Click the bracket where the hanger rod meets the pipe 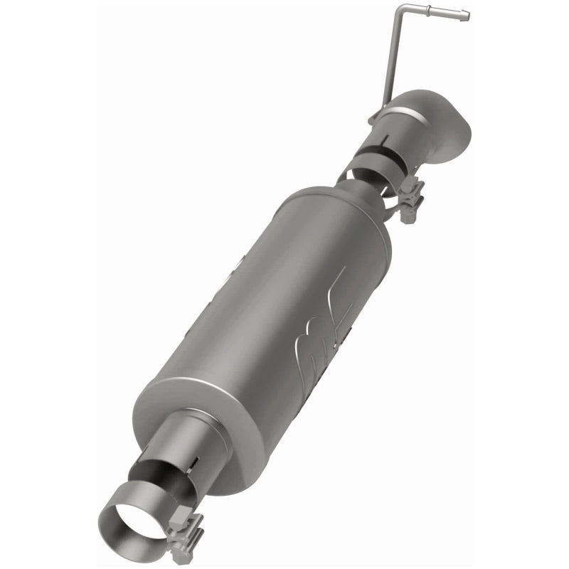377,115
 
